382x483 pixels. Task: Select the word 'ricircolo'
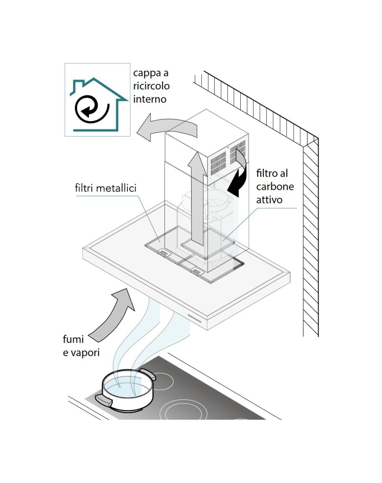coord(151,86)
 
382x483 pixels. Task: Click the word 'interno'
coord(150,99)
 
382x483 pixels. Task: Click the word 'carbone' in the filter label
coord(275,186)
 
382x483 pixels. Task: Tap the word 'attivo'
coord(270,199)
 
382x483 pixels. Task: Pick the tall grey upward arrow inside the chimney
coord(196,197)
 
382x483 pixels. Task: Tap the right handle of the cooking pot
coord(149,373)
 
